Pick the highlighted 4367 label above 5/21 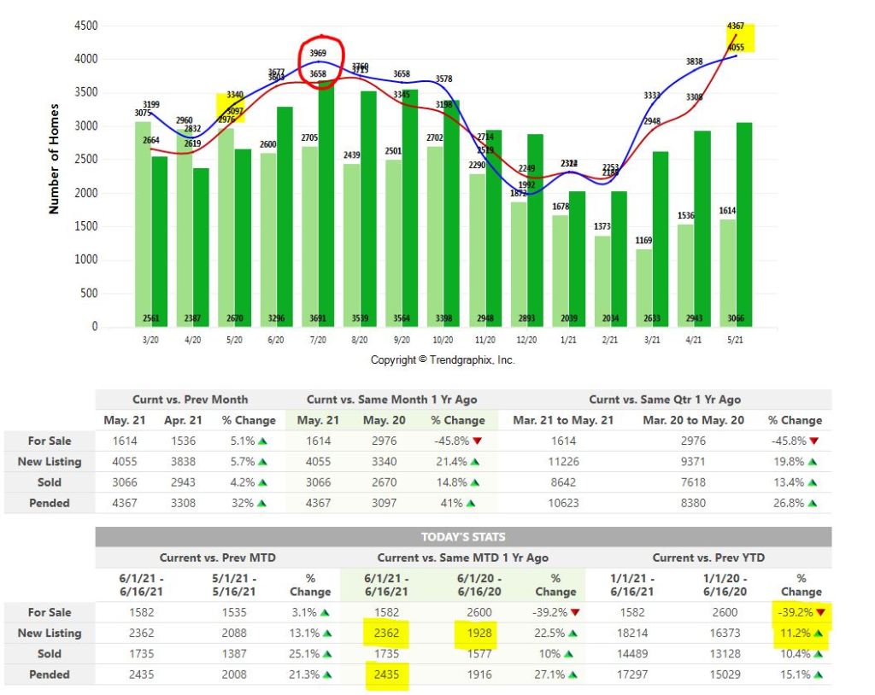click(x=735, y=26)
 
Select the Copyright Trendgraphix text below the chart click(x=443, y=359)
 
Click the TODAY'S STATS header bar click(x=462, y=537)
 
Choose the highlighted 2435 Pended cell click(x=385, y=675)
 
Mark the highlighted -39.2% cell click(x=801, y=612)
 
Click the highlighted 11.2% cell click(x=801, y=633)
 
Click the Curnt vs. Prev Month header click(x=190, y=400)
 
